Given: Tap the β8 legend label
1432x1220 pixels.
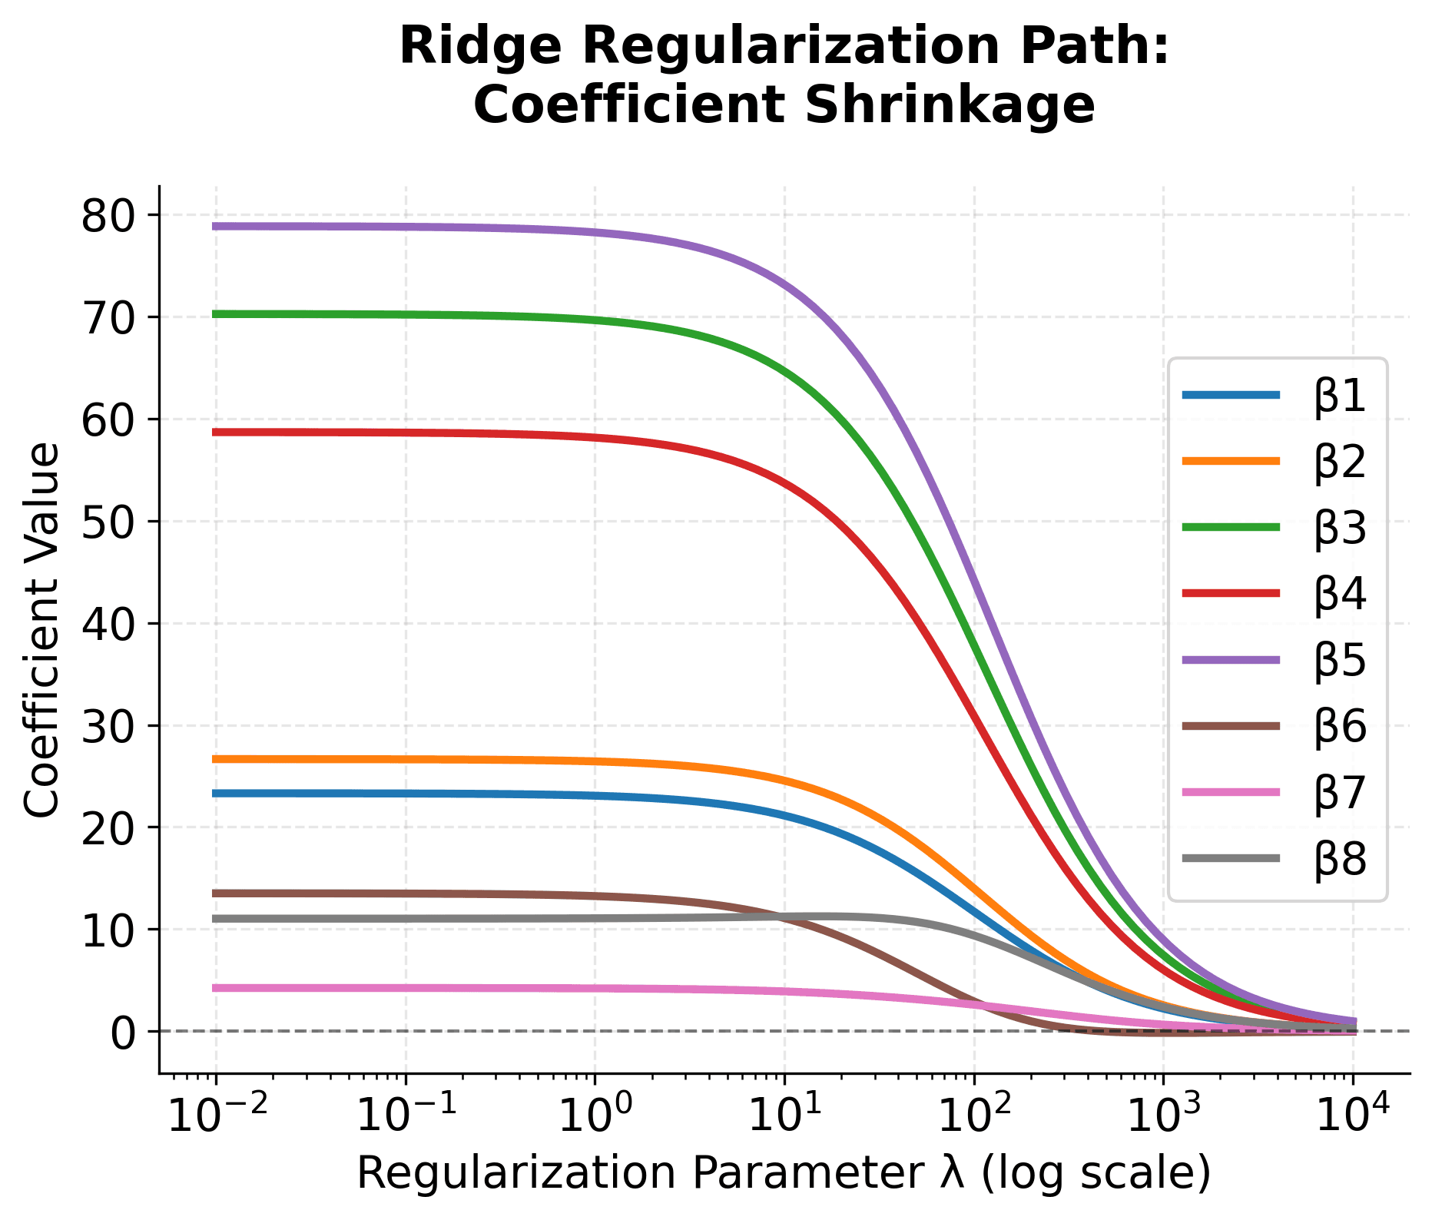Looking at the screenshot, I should coord(1340,859).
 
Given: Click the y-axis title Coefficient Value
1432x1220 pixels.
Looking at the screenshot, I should coord(41,630).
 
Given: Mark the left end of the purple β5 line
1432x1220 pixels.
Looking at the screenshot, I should coord(216,226).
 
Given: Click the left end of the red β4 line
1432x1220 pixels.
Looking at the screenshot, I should coord(216,432).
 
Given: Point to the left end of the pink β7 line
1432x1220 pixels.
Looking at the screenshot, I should coord(216,988).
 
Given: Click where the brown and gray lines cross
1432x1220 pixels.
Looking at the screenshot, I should coord(780,917).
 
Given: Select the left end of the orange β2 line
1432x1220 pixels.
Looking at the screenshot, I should coord(216,759).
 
